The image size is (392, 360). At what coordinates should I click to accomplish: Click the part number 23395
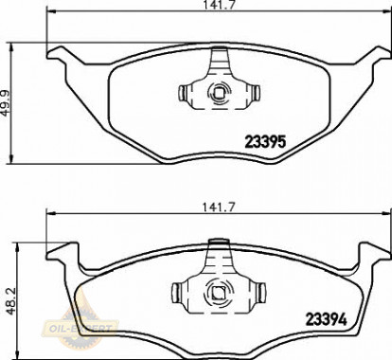coord(265,141)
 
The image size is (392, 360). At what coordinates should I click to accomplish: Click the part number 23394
coord(327,319)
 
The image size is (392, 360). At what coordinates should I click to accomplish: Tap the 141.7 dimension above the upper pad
coord(219,5)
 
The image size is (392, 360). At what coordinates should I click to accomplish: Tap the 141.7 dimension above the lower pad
coord(219,207)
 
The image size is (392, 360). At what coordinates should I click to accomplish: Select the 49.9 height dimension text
coord(6,103)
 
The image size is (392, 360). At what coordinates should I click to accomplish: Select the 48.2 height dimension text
coord(11,300)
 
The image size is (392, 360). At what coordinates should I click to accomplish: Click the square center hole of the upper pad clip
coord(219,93)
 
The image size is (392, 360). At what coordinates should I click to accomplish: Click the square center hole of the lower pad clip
coord(218,294)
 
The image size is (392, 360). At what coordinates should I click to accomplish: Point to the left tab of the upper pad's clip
coord(183,93)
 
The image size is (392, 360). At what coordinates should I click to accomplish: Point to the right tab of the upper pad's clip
coord(256,93)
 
